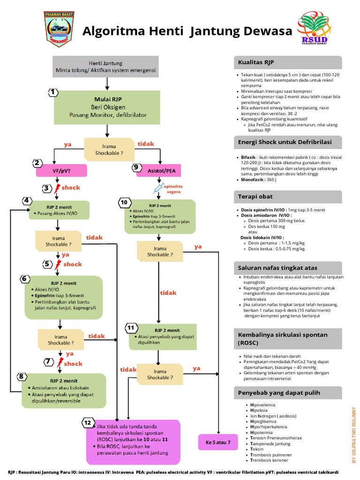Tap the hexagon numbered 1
(54, 92)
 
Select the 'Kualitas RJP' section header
(288, 62)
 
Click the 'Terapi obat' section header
(288, 196)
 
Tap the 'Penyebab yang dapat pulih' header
(288, 392)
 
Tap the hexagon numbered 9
(136, 167)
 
